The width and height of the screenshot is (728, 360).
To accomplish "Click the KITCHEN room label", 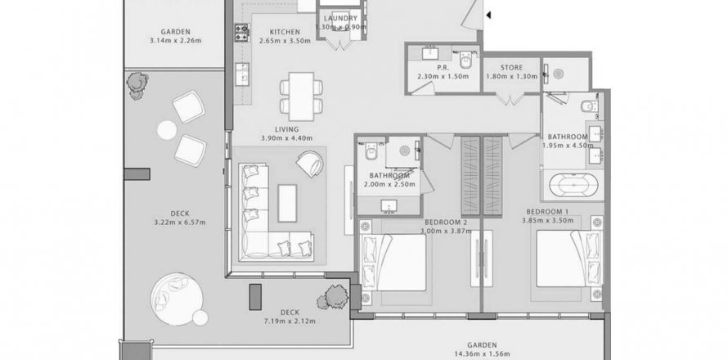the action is click(x=285, y=32).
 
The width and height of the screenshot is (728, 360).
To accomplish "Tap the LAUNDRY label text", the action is click(x=340, y=19).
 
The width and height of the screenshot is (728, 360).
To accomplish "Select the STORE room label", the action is click(x=511, y=68).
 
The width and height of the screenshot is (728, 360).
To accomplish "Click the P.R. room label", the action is click(x=443, y=68).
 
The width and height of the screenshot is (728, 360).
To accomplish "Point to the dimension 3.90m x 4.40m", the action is click(x=286, y=138).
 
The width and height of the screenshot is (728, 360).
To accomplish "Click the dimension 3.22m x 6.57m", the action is click(x=180, y=223).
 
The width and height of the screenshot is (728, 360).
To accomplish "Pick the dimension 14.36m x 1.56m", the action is click(x=482, y=354).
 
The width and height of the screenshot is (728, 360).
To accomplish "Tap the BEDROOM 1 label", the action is click(x=547, y=212).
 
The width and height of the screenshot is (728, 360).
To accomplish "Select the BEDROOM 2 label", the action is click(x=446, y=223).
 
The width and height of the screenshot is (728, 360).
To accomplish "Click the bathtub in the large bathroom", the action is click(x=573, y=186).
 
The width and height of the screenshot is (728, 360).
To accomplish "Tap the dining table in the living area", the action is click(x=301, y=97).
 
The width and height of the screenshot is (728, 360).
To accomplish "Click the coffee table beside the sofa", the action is click(x=287, y=203).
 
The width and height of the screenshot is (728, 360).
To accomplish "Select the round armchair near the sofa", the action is click(x=310, y=164).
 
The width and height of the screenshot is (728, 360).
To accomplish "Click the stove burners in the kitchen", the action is click(x=242, y=33).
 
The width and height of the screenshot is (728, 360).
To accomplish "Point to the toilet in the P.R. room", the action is click(x=465, y=60).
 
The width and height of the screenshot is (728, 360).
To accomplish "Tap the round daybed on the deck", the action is click(x=177, y=299).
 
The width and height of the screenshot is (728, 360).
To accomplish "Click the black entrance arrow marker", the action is click(x=488, y=16).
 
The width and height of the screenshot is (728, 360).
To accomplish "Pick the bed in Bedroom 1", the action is click(x=568, y=259).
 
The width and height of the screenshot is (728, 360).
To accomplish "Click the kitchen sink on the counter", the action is click(x=242, y=74).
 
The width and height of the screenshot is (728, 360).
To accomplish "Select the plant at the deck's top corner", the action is click(x=137, y=85).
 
